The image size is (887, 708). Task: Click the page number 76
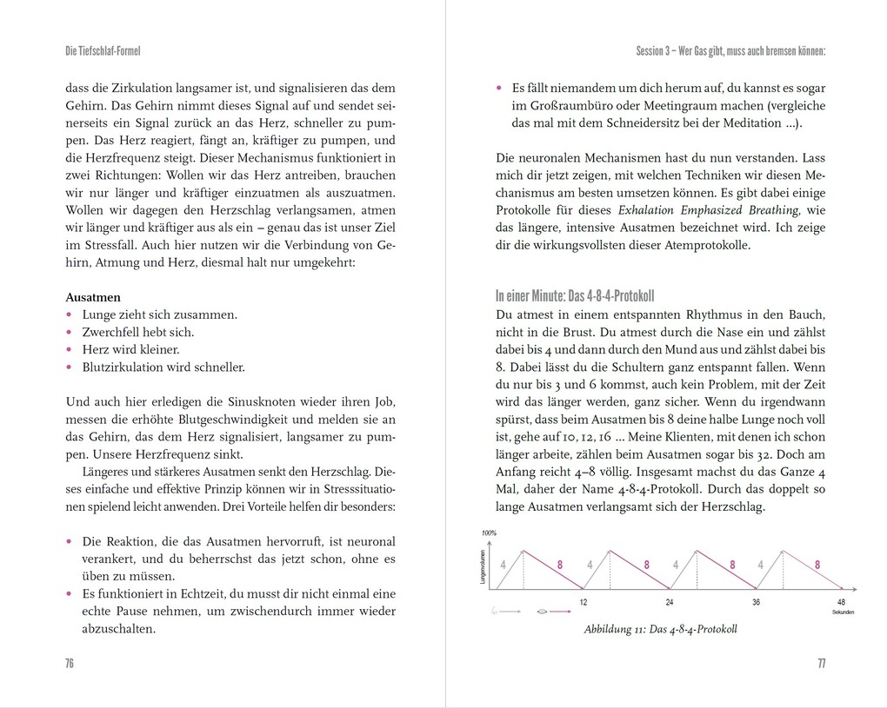70,663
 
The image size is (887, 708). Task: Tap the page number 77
820,663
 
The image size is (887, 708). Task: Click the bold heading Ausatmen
93,297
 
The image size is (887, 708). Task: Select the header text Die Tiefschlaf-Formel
103,51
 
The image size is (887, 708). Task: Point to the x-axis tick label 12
583,601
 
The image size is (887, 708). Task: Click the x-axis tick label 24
669,601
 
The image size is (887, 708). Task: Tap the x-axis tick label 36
755,601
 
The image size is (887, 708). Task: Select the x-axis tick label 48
840,601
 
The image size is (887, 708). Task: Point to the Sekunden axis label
842,612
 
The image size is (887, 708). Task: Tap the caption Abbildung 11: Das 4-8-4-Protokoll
660,630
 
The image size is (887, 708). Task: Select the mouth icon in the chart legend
544,611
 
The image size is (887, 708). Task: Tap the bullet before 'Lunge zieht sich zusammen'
70,314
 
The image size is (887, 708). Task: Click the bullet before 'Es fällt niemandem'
499,88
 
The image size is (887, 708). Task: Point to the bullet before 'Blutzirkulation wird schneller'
70,367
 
